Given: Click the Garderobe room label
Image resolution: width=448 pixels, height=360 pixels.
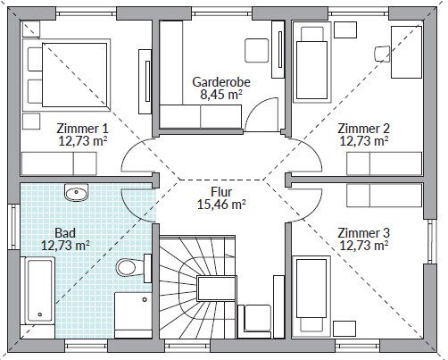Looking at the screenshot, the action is pyautogui.click(x=221, y=82).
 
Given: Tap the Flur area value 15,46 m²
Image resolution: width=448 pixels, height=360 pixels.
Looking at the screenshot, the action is pyautogui.click(x=221, y=205).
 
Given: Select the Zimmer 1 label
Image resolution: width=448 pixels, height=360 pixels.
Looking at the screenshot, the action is pyautogui.click(x=82, y=129).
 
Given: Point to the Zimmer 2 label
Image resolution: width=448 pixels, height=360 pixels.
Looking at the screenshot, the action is pyautogui.click(x=363, y=129).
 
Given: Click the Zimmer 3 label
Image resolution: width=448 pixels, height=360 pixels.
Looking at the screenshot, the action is pyautogui.click(x=363, y=233).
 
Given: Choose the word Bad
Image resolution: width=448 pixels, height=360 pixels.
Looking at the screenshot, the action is pyautogui.click(x=65, y=233).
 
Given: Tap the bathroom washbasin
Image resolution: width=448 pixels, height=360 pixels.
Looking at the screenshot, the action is pyautogui.click(x=76, y=192).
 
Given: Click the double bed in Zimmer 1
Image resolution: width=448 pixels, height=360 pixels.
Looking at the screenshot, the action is pyautogui.click(x=67, y=75).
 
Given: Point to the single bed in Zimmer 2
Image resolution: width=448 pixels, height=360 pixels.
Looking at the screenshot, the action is pyautogui.click(x=312, y=63).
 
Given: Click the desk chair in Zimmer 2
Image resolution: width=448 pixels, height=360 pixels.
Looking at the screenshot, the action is pyautogui.click(x=382, y=54).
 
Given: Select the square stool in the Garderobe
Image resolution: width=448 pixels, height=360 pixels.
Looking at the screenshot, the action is pyautogui.click(x=257, y=50).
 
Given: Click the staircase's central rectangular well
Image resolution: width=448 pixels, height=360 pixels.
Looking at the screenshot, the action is pyautogui.click(x=217, y=288).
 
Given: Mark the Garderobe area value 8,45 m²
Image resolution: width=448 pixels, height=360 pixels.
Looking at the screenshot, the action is pyautogui.click(x=221, y=95).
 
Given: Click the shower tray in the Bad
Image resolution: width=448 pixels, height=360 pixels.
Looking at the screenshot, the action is pyautogui.click(x=133, y=314).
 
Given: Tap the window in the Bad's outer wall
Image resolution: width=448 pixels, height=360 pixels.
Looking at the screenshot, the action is pyautogui.click(x=14, y=227).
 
